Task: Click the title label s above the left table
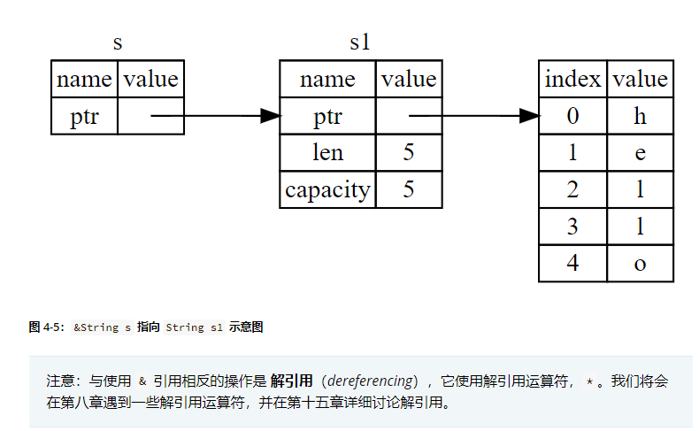(x=118, y=42)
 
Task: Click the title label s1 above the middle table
(x=359, y=42)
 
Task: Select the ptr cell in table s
(x=84, y=116)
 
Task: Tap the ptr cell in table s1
(x=327, y=116)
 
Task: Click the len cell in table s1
(x=327, y=152)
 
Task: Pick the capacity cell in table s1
(x=327, y=189)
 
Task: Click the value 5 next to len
(x=408, y=152)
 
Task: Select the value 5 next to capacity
(x=408, y=189)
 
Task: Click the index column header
(x=572, y=79)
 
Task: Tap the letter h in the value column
(x=640, y=116)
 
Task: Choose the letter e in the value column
(x=640, y=152)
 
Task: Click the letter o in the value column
(x=640, y=264)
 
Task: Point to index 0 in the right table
(x=572, y=116)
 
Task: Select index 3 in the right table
(x=572, y=227)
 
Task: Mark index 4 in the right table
(x=572, y=264)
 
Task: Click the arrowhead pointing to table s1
(x=270, y=116)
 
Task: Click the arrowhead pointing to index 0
(x=529, y=116)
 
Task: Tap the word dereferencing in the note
(x=370, y=381)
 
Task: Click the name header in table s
(x=84, y=79)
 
